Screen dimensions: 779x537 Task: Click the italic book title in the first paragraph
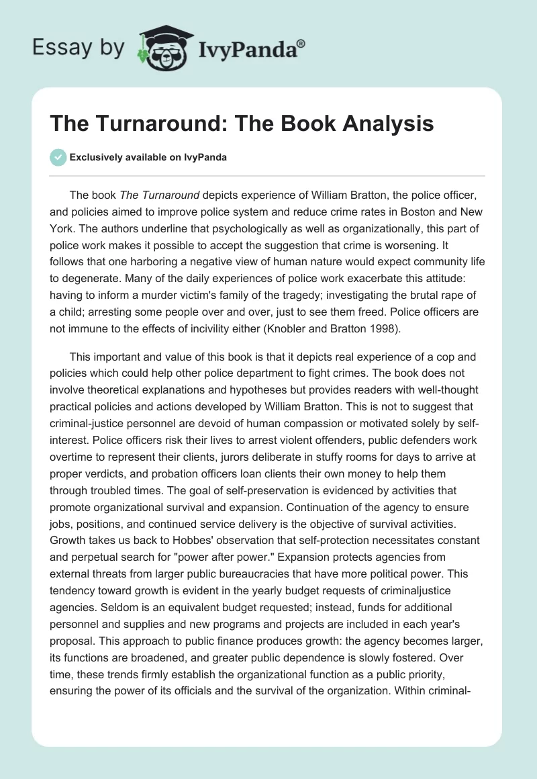pyautogui.click(x=159, y=195)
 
